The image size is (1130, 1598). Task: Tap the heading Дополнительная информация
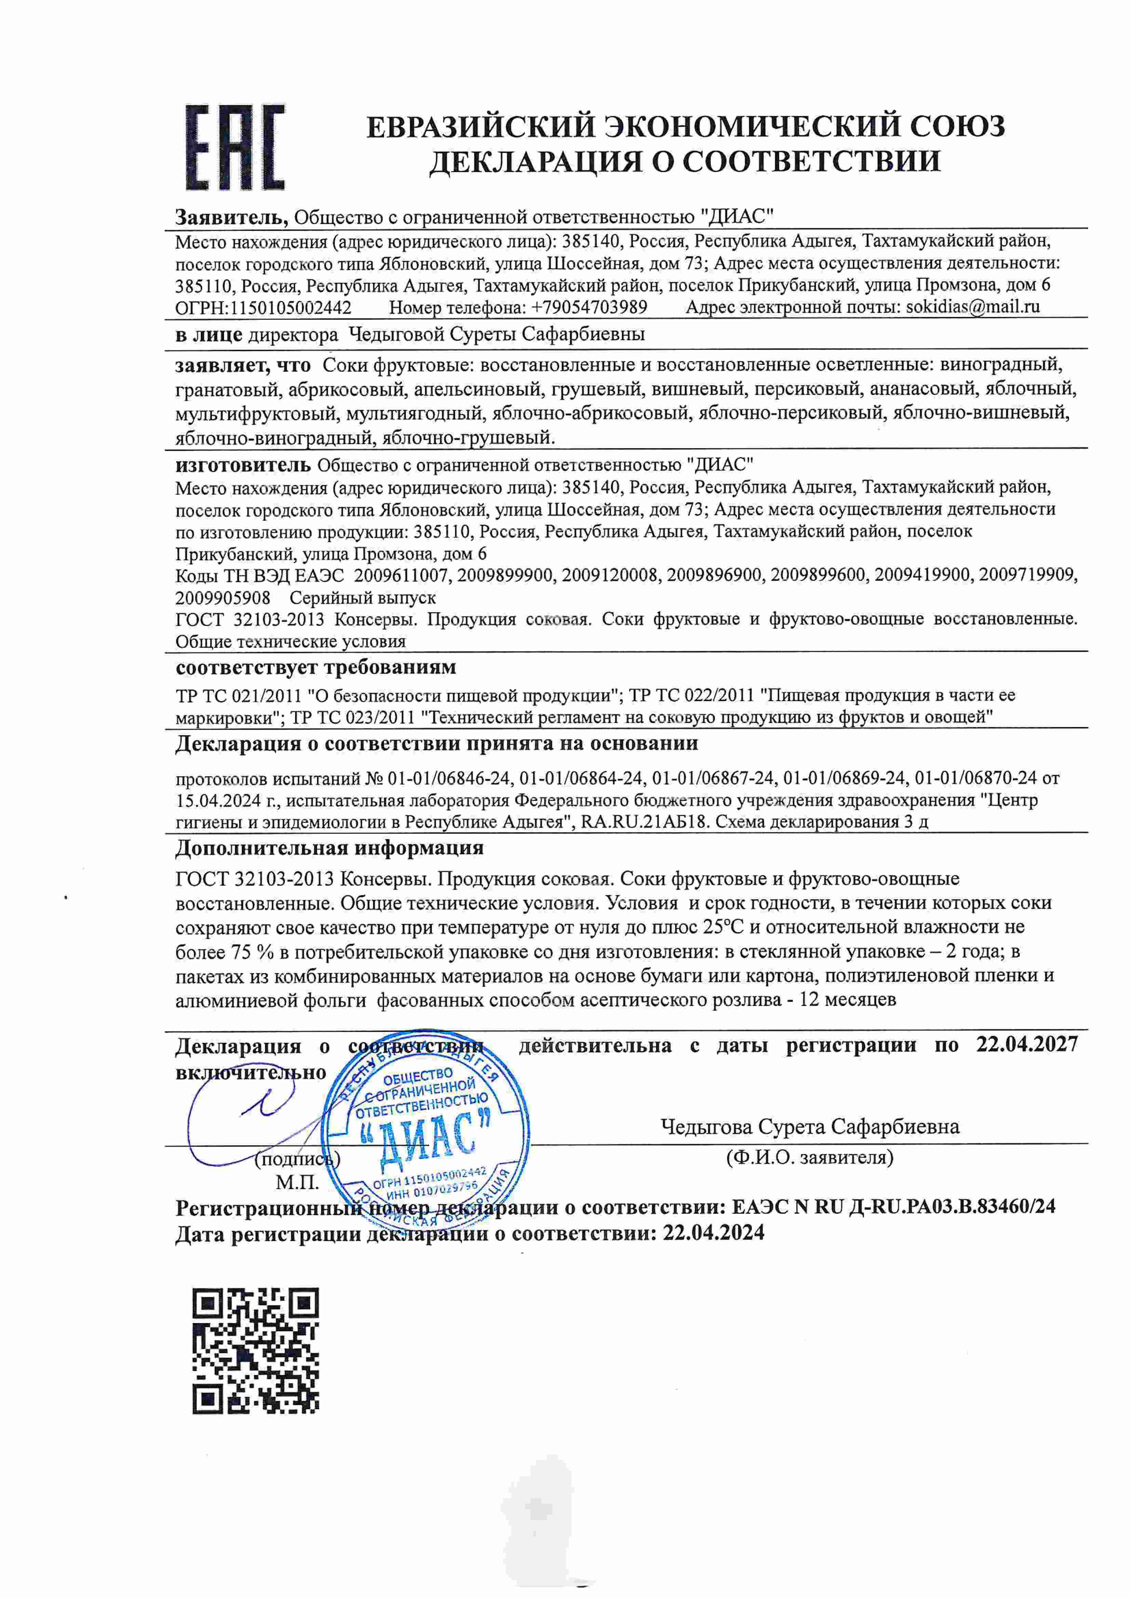coord(329,848)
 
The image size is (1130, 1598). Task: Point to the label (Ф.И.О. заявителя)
coord(809,1157)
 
